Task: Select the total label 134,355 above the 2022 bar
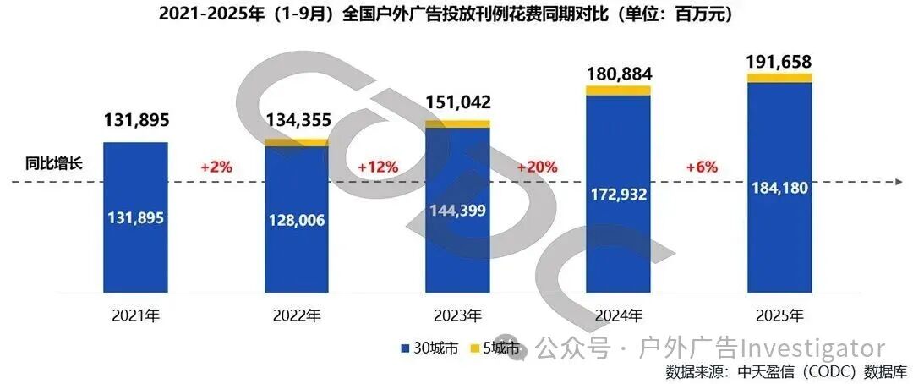pos(298,120)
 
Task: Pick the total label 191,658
pos(779,61)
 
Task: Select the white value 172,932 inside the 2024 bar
pos(619,195)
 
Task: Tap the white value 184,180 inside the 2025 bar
pos(779,188)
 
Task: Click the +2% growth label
pos(216,167)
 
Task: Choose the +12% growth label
pos(378,167)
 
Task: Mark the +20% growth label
pos(537,167)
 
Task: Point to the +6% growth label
pos(701,167)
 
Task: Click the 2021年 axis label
pos(135,316)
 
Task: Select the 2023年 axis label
pos(457,316)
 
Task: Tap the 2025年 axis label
pos(779,316)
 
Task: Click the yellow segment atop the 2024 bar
pos(619,91)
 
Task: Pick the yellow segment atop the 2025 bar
pos(779,78)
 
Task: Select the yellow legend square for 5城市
pos(476,348)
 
